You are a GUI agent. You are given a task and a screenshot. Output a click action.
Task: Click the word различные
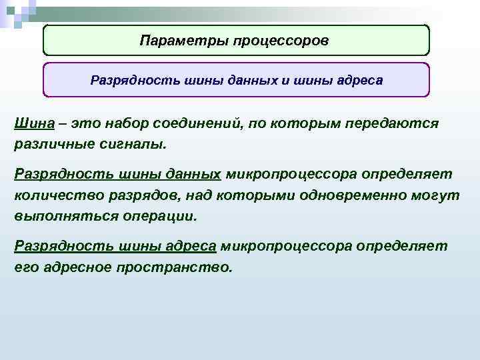point(51,143)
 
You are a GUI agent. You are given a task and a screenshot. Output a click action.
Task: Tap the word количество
point(53,195)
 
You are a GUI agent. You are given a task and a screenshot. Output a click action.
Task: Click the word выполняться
point(63,217)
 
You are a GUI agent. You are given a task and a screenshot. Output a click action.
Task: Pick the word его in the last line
point(24,267)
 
